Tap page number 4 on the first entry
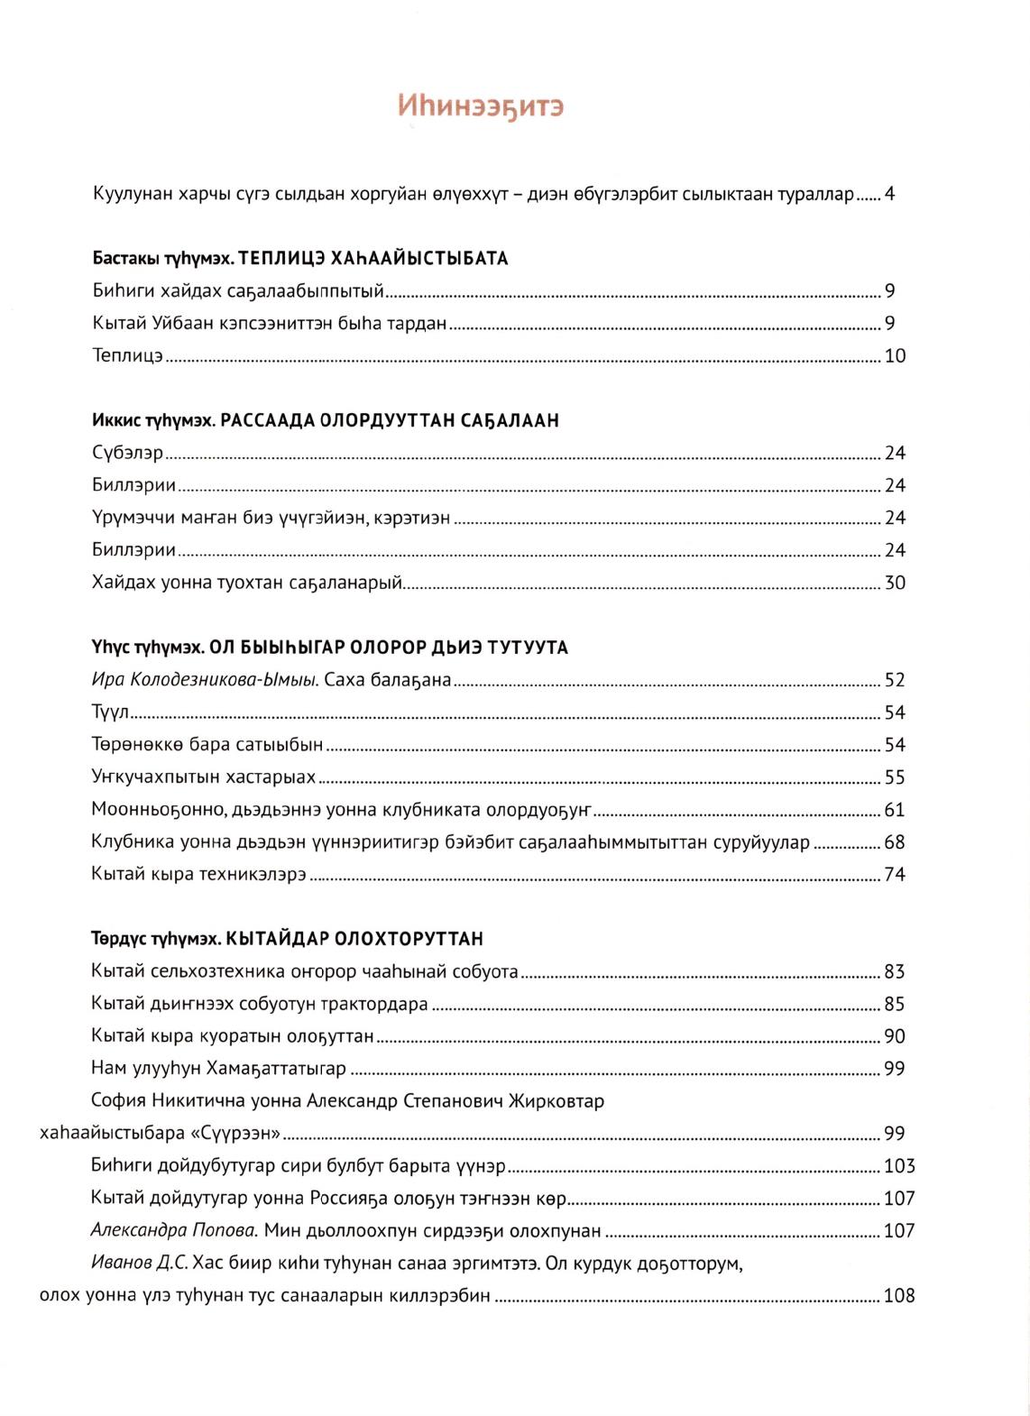point(889,194)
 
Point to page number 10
point(895,356)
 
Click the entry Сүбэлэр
point(127,454)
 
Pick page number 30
point(895,584)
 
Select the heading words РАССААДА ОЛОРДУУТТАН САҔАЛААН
point(390,421)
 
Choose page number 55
point(895,778)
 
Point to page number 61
point(895,811)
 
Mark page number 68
point(895,843)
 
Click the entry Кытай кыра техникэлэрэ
point(199,875)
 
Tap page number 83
point(895,972)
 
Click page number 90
point(895,1037)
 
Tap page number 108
point(899,1297)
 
